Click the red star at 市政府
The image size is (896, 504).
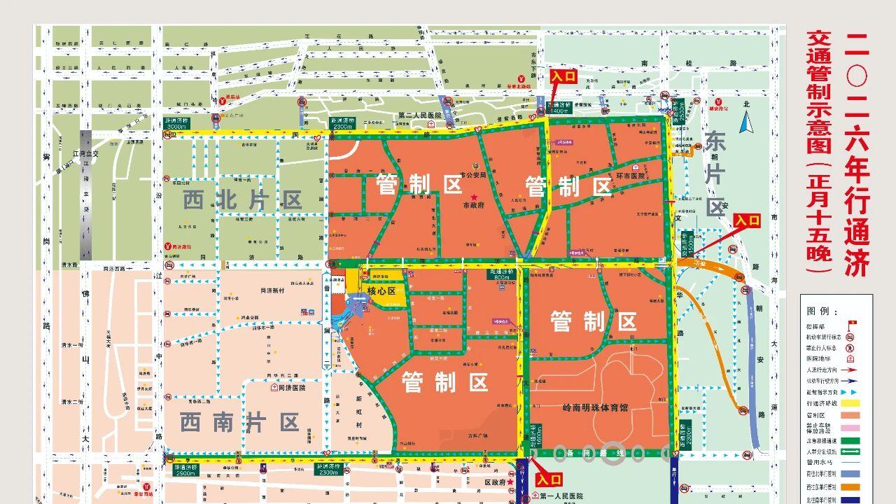click(475, 197)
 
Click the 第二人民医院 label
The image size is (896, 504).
click(419, 115)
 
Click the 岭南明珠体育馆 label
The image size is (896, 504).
click(595, 407)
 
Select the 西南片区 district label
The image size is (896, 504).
click(239, 422)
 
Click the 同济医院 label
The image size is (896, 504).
click(292, 387)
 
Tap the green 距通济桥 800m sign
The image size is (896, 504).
click(501, 274)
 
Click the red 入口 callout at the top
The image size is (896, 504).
click(564, 76)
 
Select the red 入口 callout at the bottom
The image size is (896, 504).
click(548, 479)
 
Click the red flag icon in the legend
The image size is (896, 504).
click(852, 323)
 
